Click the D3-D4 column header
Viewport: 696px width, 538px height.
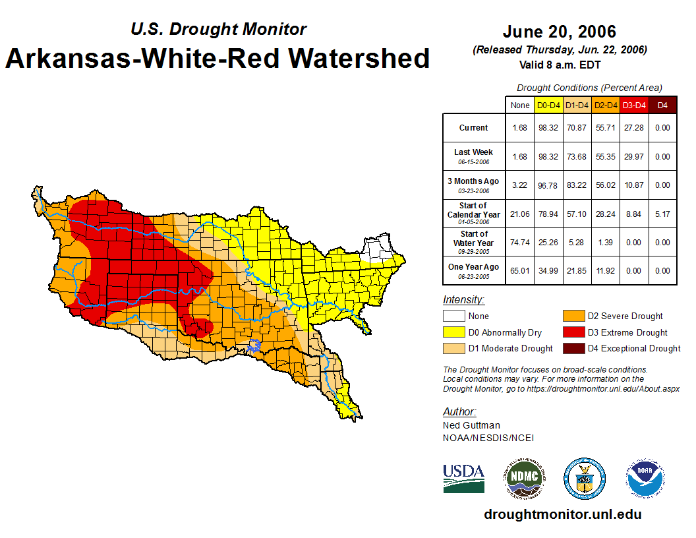click(635, 105)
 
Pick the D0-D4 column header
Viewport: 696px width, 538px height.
click(548, 105)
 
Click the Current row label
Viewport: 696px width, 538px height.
click(474, 128)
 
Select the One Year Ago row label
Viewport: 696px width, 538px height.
click(474, 268)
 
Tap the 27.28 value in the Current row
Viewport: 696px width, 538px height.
click(635, 128)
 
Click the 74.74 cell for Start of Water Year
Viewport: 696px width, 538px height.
click(520, 242)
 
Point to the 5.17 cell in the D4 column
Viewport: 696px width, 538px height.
click(662, 214)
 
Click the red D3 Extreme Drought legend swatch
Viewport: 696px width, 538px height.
click(571, 332)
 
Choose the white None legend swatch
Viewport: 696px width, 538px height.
click(453, 316)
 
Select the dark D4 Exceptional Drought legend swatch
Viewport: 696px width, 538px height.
click(571, 348)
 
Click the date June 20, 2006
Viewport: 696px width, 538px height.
click(559, 31)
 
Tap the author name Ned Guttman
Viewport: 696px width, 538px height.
click(471, 425)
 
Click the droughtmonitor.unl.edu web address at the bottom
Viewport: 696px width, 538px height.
click(562, 514)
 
